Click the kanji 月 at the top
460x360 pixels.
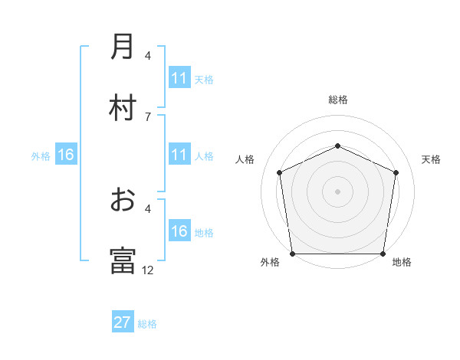pyautogui.click(x=123, y=47)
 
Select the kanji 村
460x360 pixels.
pyautogui.click(x=123, y=106)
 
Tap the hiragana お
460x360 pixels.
pyautogui.click(x=123, y=200)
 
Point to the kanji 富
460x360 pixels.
pyautogui.click(x=123, y=260)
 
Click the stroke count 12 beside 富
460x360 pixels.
pyautogui.click(x=148, y=270)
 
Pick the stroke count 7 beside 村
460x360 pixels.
pyautogui.click(x=148, y=116)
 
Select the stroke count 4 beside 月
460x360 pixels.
pyautogui.click(x=148, y=56)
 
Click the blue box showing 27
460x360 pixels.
pyautogui.click(x=123, y=323)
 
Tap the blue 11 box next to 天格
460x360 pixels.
pyautogui.click(x=179, y=78)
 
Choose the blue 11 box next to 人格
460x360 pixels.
pyautogui.click(x=179, y=155)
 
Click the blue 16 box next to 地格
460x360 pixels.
pyautogui.click(x=179, y=231)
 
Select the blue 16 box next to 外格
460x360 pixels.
pyautogui.click(x=66, y=155)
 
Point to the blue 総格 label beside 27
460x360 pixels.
pyautogui.click(x=147, y=324)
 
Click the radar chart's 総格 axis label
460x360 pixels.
pyautogui.click(x=337, y=100)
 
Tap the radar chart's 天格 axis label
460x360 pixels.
pyautogui.click(x=432, y=159)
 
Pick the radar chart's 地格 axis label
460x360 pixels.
pyautogui.click(x=402, y=263)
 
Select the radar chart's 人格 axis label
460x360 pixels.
pyautogui.click(x=245, y=159)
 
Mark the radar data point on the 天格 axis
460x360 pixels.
pyautogui.click(x=396, y=172)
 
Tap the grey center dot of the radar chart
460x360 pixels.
pyautogui.click(x=337, y=191)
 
